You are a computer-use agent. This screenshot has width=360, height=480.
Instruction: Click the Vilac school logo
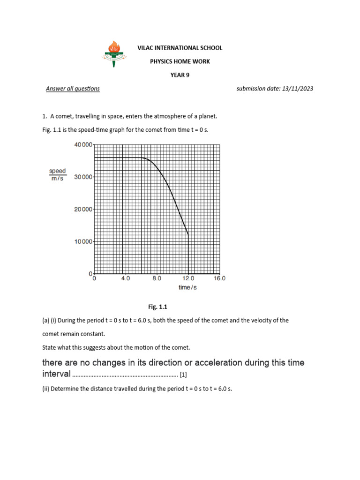(x=113, y=52)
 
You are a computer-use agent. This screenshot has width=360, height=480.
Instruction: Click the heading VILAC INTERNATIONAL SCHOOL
(x=180, y=48)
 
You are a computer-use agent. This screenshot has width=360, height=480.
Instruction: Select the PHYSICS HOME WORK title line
(x=180, y=61)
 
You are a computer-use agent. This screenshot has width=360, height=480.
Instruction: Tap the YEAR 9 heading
(x=180, y=75)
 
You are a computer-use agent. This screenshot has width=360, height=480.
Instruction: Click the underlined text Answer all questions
(x=73, y=89)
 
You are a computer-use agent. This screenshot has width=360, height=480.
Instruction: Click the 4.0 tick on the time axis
(x=126, y=278)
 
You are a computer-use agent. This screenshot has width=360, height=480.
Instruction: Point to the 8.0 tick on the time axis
(x=157, y=278)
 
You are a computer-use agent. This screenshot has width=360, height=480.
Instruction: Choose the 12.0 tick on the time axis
(x=188, y=278)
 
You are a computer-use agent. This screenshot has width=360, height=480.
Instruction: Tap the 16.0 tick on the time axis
(x=219, y=278)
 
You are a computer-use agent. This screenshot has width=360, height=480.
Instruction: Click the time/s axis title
(x=187, y=287)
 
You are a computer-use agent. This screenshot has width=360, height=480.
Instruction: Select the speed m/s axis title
(x=58, y=175)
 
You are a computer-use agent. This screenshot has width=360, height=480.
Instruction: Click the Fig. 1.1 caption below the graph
(x=157, y=307)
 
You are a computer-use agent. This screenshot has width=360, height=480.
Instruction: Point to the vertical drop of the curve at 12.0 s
(x=188, y=255)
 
